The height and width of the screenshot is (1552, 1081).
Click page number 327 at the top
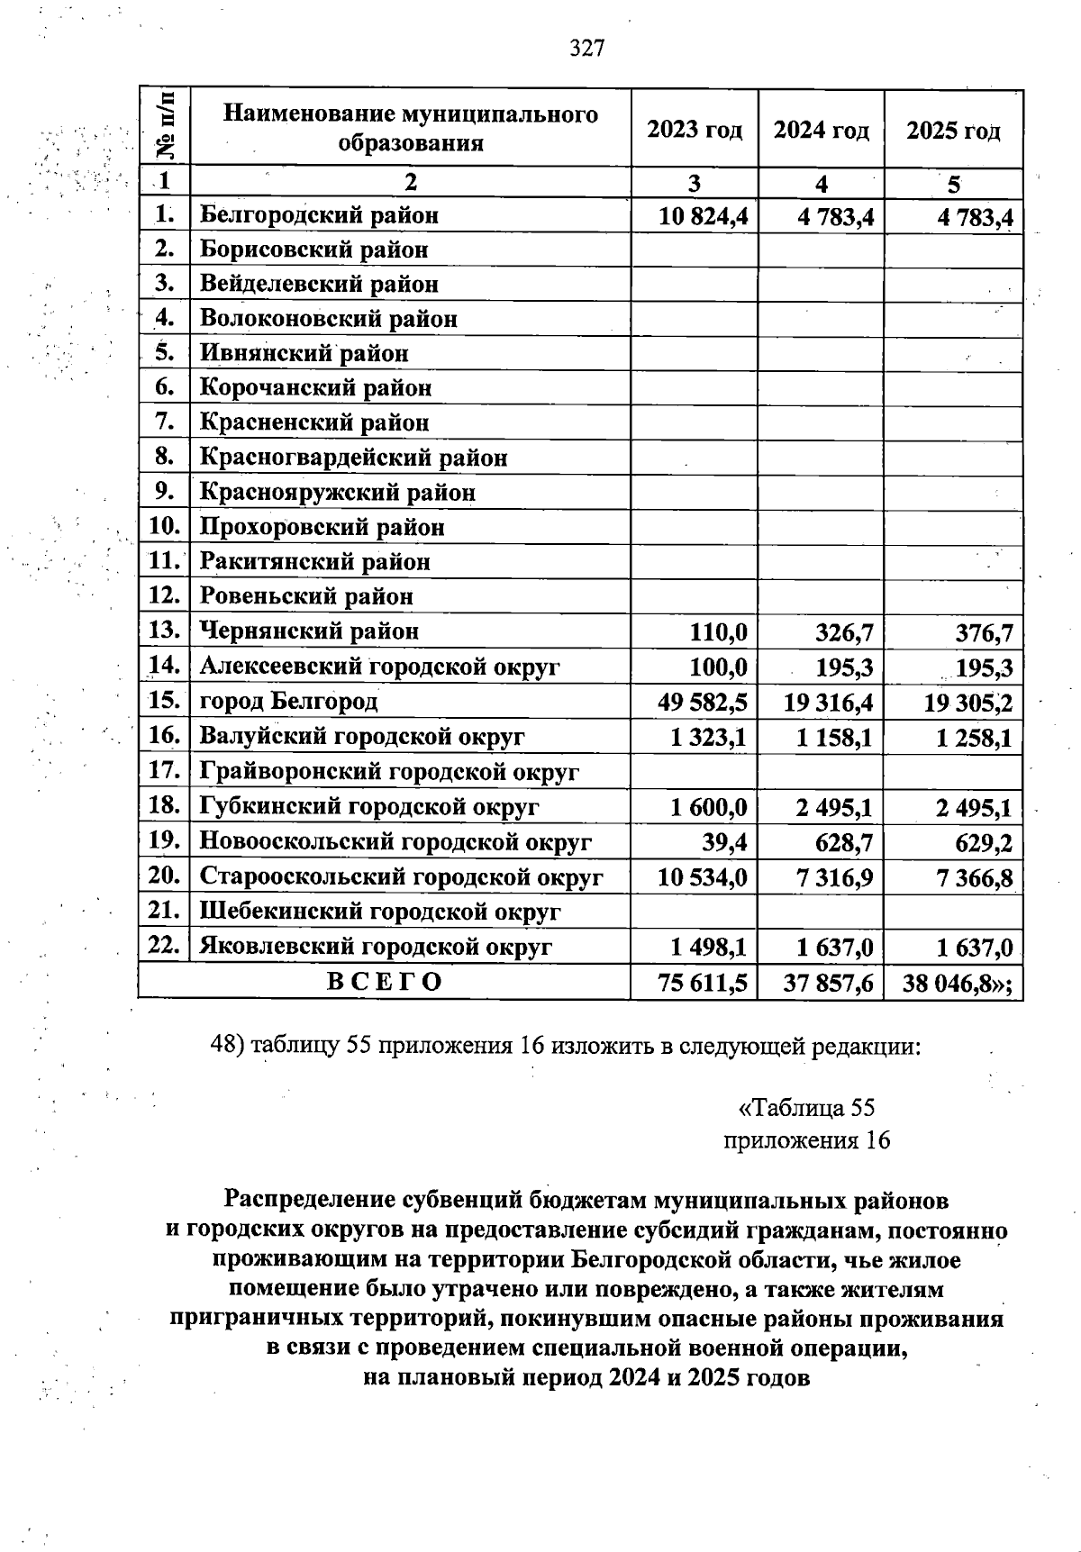point(586,48)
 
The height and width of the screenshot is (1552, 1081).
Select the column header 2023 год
point(694,131)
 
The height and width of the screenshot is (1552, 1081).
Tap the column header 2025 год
point(953,132)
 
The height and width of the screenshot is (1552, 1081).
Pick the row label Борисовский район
point(313,250)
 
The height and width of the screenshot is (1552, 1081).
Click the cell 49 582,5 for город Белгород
point(703,702)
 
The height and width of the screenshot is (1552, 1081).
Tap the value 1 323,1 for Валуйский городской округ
point(708,738)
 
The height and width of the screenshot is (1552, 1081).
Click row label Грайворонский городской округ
point(388,772)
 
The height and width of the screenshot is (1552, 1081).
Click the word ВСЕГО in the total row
point(384,982)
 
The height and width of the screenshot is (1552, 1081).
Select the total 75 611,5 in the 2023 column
point(703,983)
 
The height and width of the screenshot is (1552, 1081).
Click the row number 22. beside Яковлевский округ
point(165,946)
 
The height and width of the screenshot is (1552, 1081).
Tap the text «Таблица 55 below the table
point(805,1107)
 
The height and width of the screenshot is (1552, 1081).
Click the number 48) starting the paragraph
point(227,1046)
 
